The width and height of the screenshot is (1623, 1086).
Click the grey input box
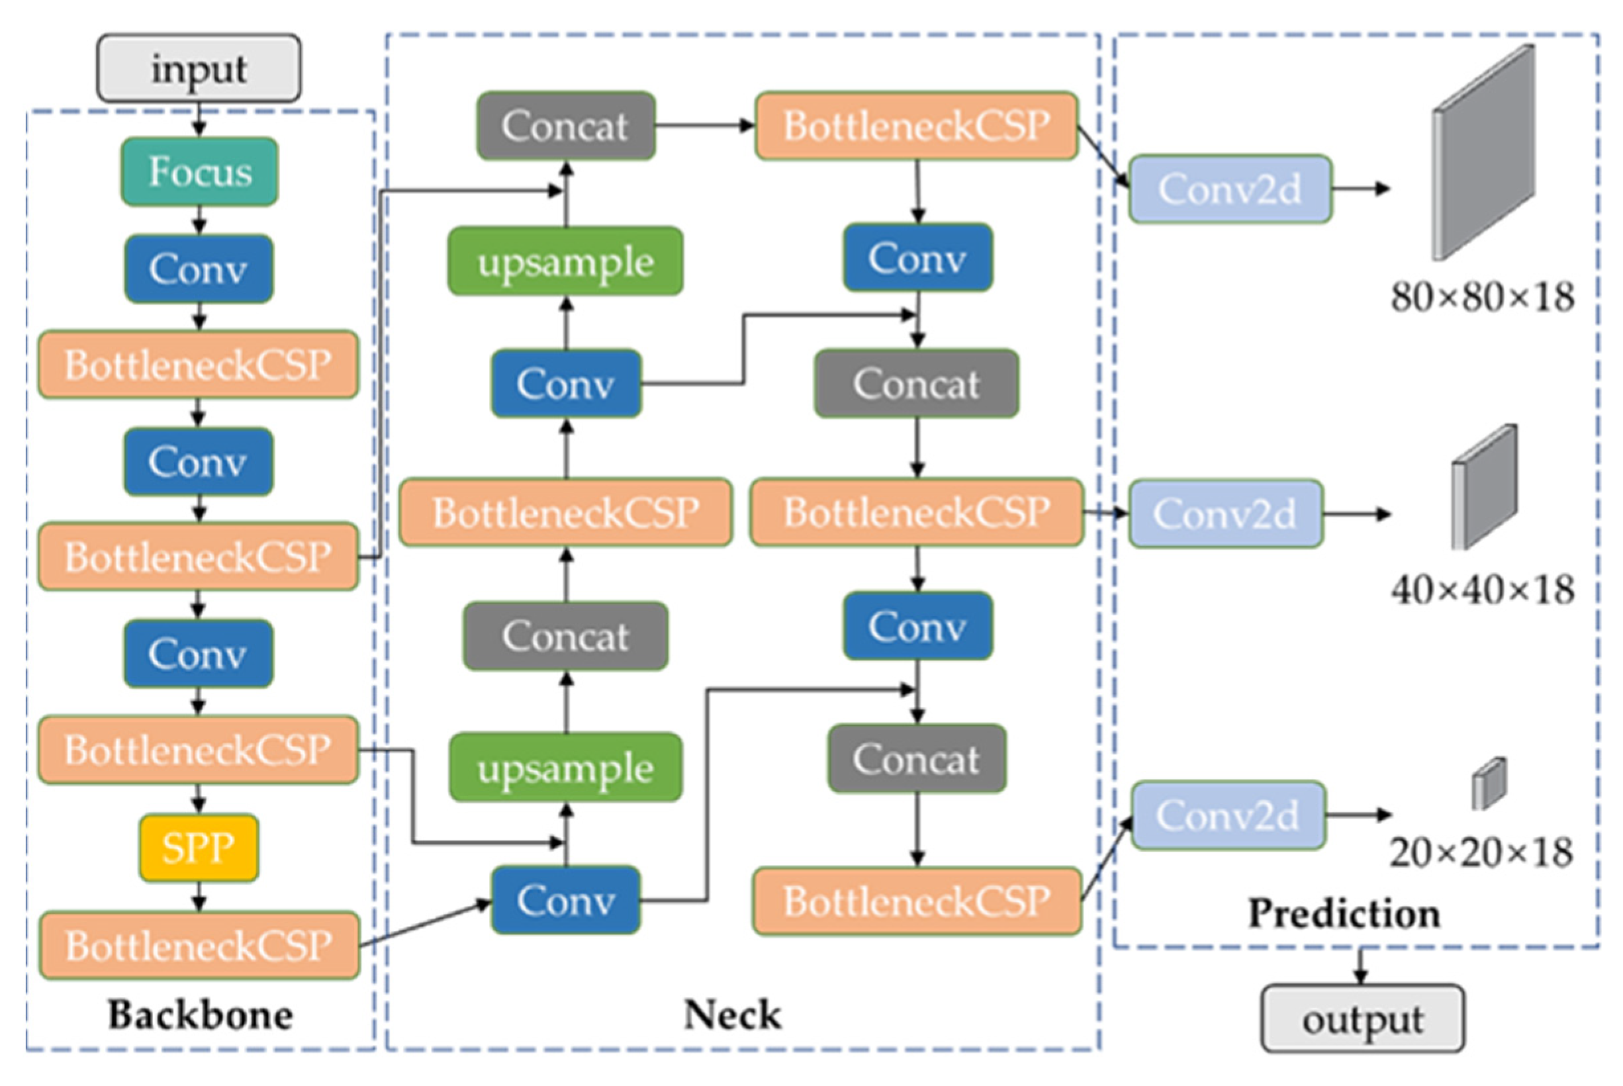click(199, 69)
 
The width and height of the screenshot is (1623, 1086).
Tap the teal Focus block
click(199, 171)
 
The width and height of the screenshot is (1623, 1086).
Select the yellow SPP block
click(199, 848)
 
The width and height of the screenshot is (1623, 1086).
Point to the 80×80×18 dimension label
click(1482, 296)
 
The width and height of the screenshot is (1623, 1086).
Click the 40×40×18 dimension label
click(1482, 590)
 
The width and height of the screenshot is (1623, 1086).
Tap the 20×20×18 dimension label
click(1481, 852)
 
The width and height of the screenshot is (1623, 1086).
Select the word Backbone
click(200, 1015)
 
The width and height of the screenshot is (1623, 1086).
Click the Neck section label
click(732, 1015)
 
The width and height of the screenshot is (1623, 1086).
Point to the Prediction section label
click(1344, 913)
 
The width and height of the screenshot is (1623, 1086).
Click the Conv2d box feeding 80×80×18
click(1230, 189)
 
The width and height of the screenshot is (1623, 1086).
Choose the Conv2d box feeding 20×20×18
click(1228, 815)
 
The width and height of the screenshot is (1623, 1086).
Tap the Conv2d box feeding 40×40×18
click(1226, 513)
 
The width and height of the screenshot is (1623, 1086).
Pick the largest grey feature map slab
click(1483, 152)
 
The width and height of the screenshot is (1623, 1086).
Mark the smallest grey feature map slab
click(1489, 784)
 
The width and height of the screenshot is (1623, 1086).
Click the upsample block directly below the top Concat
click(565, 261)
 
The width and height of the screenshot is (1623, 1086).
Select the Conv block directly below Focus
click(199, 269)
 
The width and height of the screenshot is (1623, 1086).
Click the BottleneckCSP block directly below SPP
click(199, 946)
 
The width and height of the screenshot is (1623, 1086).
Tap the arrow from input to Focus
click(199, 120)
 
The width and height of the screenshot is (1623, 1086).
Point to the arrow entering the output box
click(1361, 966)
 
